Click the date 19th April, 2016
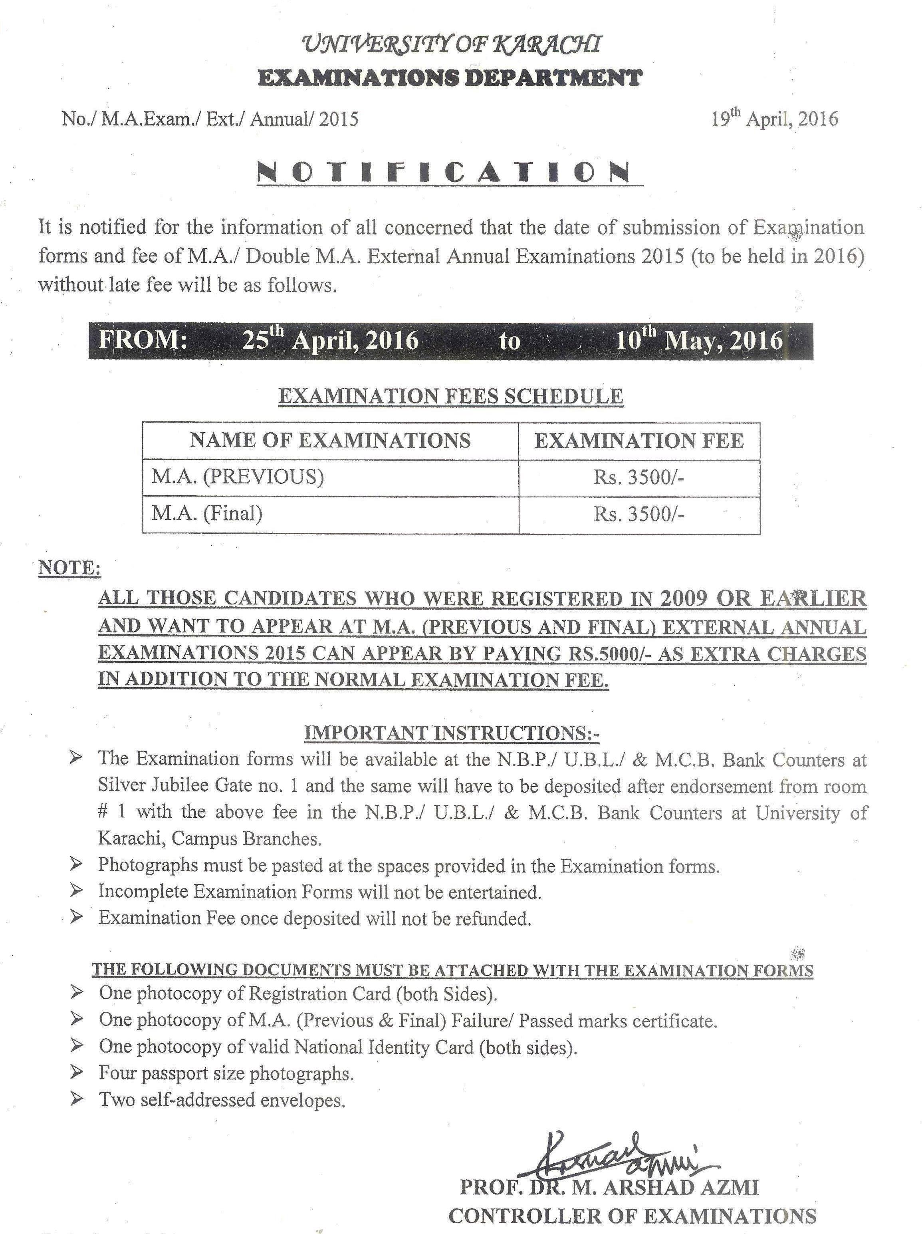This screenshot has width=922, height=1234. point(774,118)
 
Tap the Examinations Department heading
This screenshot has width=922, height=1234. point(450,77)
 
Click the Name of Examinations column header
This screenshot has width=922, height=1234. point(330,441)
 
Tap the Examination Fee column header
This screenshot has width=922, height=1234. point(638,441)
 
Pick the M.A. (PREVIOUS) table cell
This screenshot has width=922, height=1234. point(238,477)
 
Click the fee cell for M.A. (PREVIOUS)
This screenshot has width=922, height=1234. point(638,478)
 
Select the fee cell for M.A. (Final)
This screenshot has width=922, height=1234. point(638,515)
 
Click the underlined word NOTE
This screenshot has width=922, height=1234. point(69,568)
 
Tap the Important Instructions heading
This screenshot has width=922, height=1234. point(451,733)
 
